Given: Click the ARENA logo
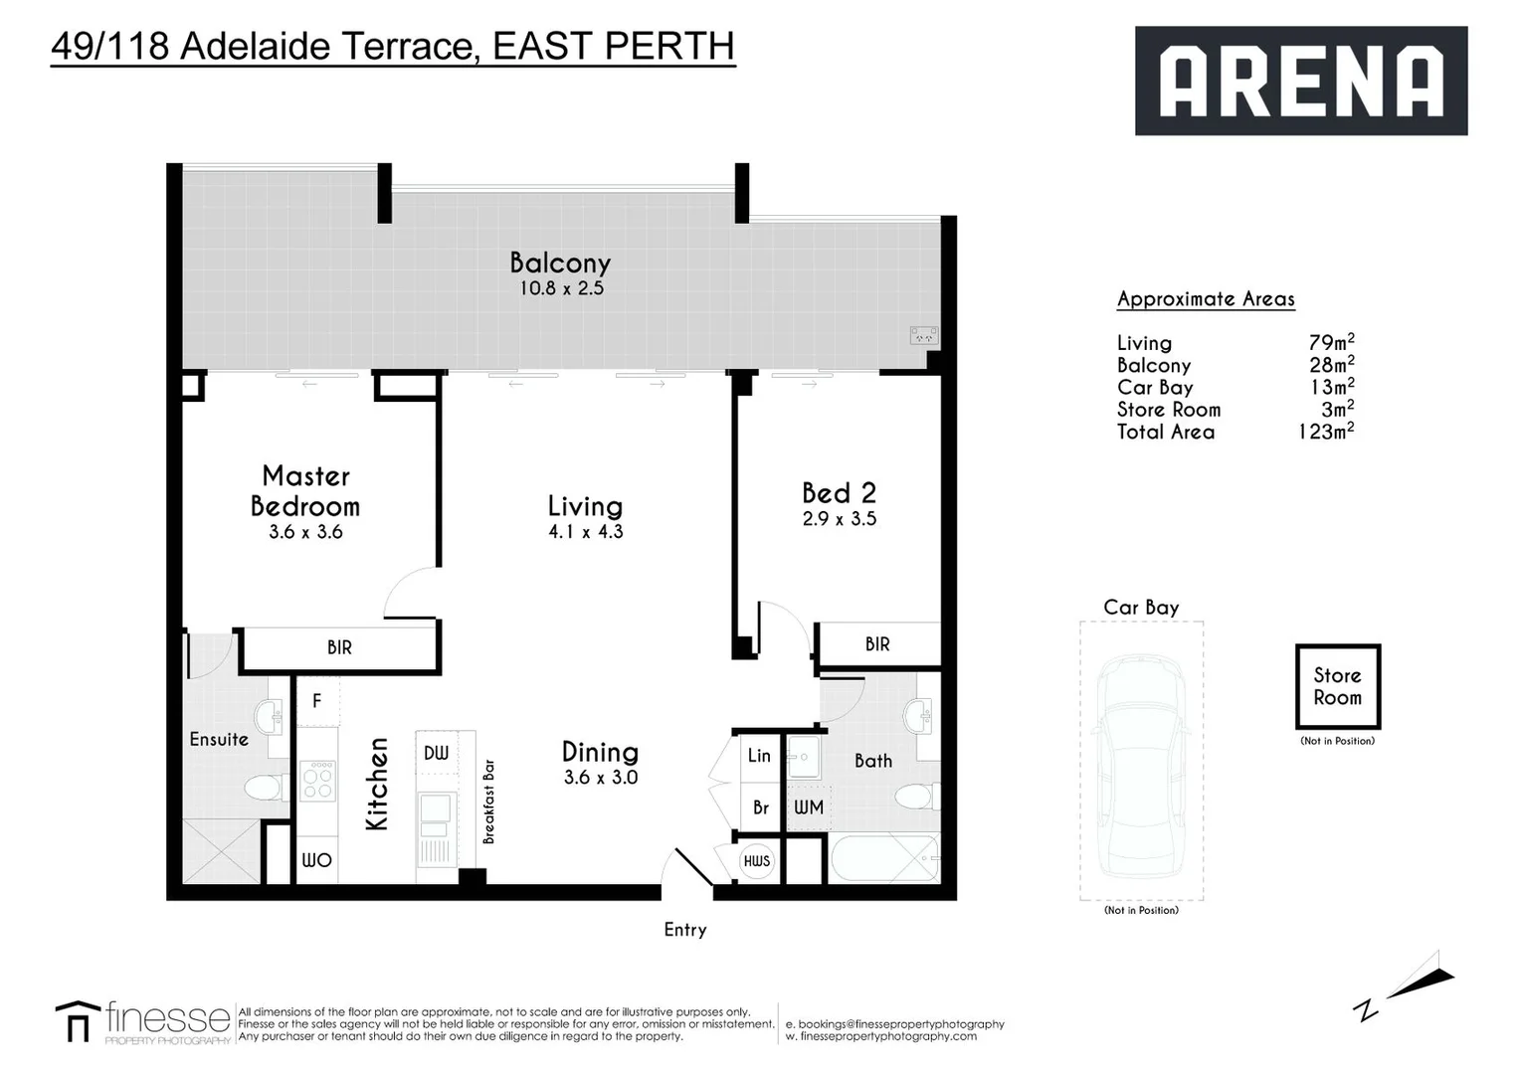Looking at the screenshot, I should [x=1300, y=81].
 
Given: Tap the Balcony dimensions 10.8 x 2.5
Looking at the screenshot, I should [x=561, y=288].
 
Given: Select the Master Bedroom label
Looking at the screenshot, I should [x=305, y=491].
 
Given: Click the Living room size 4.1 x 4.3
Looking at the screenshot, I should [x=585, y=532].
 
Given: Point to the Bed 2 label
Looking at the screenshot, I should [x=839, y=493].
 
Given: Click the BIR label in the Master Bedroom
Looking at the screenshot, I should [x=339, y=647].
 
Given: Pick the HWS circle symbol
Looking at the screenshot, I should [x=757, y=861].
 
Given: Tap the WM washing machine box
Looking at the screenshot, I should [x=808, y=807].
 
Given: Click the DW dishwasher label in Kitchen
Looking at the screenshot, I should [x=436, y=754].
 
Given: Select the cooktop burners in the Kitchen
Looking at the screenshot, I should [x=318, y=781].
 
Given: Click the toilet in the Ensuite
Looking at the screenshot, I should [x=264, y=788].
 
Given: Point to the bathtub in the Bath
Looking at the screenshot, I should [x=883, y=859].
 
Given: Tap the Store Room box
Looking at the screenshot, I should [x=1337, y=686].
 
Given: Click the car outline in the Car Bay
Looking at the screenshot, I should [x=1141, y=766].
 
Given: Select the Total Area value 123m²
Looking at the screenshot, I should [x=1325, y=432].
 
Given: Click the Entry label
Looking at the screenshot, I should [x=684, y=930].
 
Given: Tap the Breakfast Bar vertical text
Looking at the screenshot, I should [x=488, y=802].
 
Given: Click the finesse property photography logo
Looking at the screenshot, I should [x=144, y=1022].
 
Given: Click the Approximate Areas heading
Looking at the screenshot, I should [x=1206, y=298].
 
